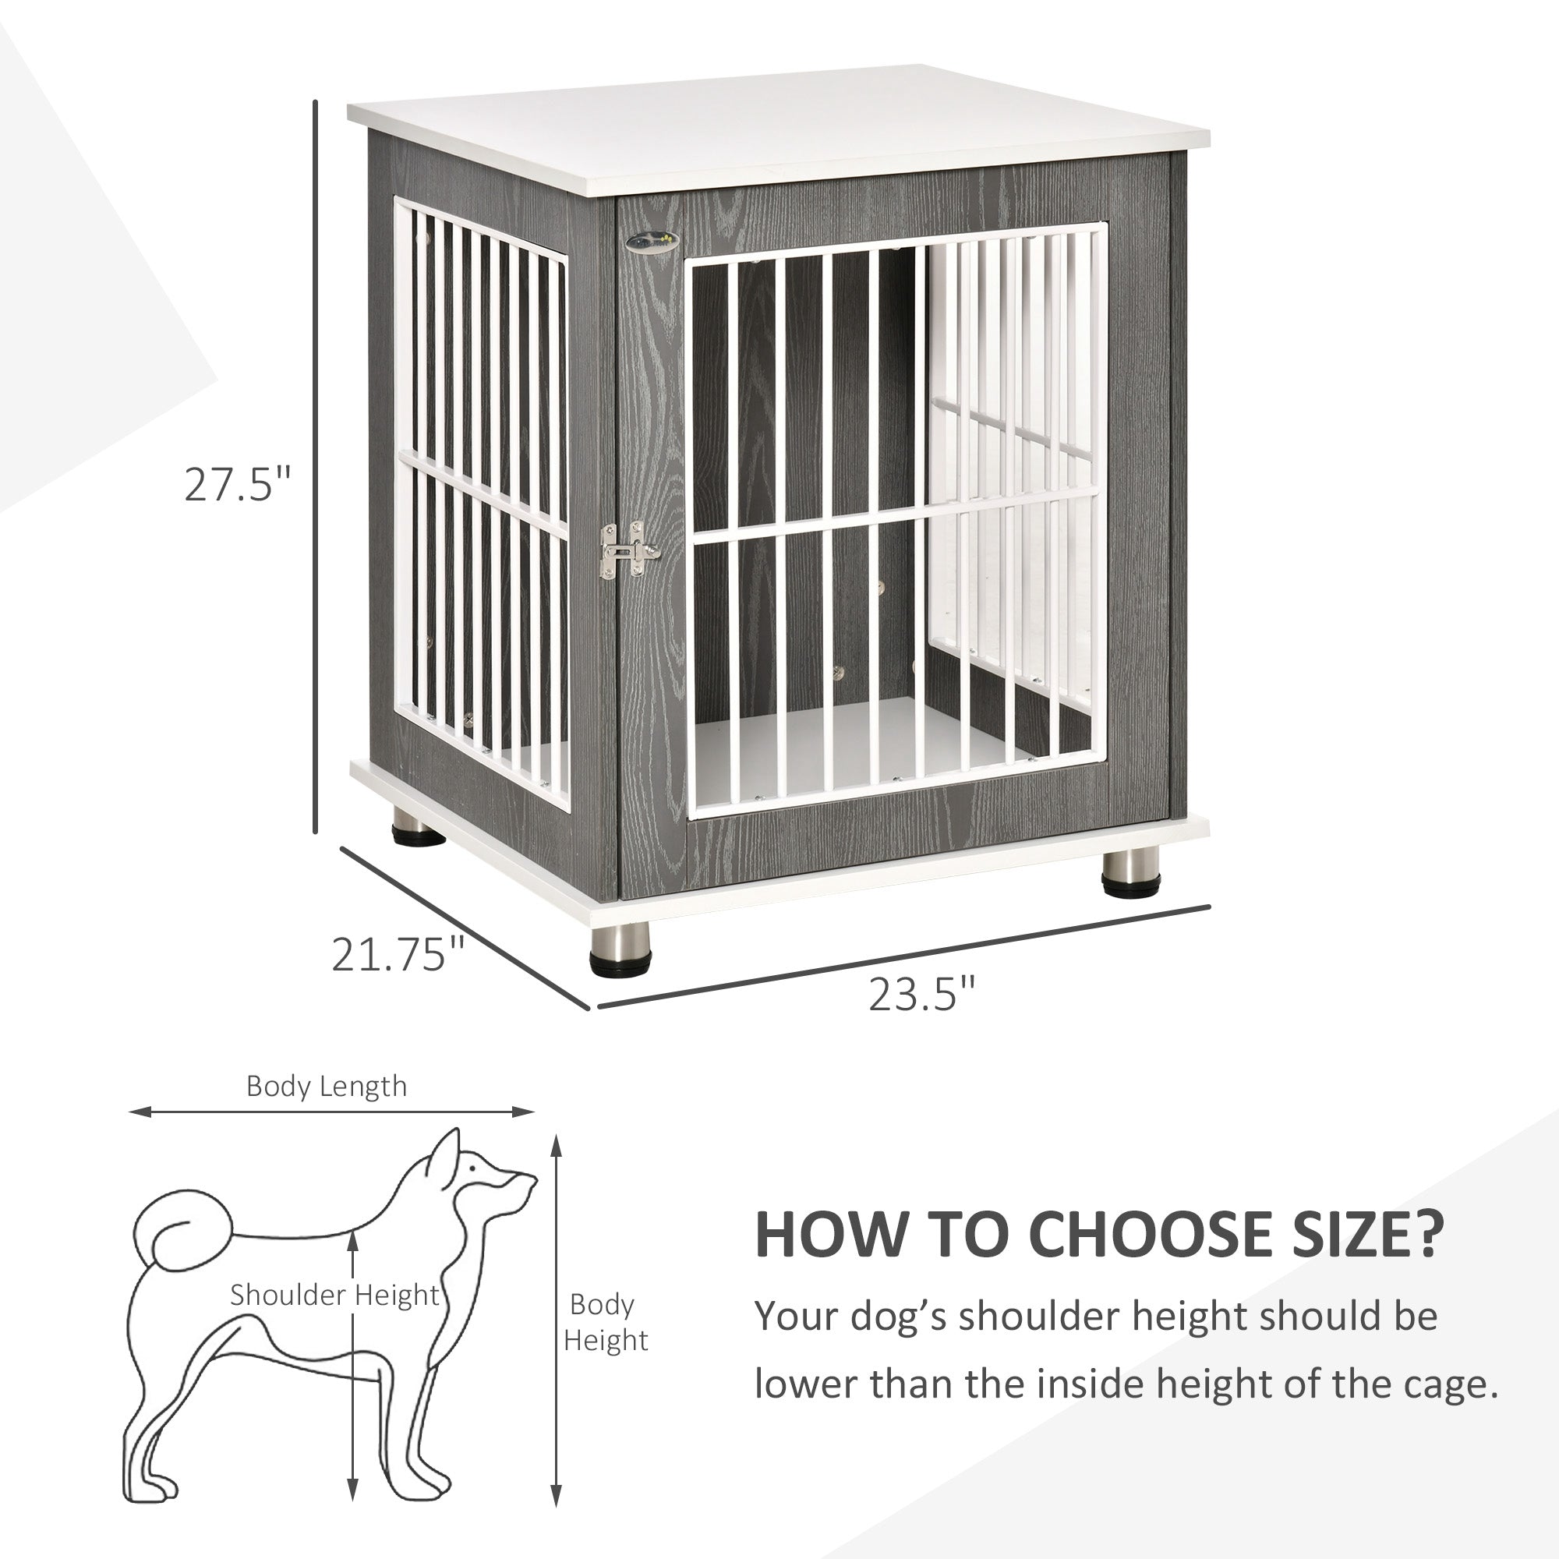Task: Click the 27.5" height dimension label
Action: coord(236,484)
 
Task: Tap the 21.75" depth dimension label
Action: coord(398,954)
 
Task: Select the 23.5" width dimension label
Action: coord(921,994)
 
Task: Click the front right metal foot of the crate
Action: coord(1129,873)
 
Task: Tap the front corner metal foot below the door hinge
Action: coord(620,949)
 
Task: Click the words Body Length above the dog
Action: coord(326,1086)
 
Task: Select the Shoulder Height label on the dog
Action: coord(334,1295)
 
